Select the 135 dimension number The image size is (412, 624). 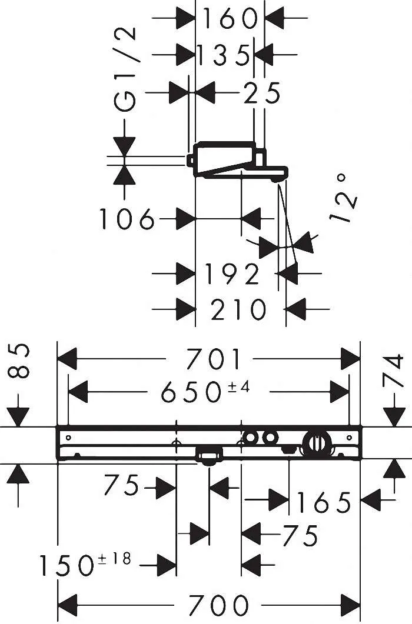click(223, 56)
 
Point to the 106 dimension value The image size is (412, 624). click(127, 219)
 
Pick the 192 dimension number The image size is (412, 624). click(232, 273)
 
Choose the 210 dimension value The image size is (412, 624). click(238, 309)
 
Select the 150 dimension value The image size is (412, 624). click(66, 566)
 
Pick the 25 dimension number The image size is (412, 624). click(262, 93)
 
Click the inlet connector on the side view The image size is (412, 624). click(191, 159)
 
